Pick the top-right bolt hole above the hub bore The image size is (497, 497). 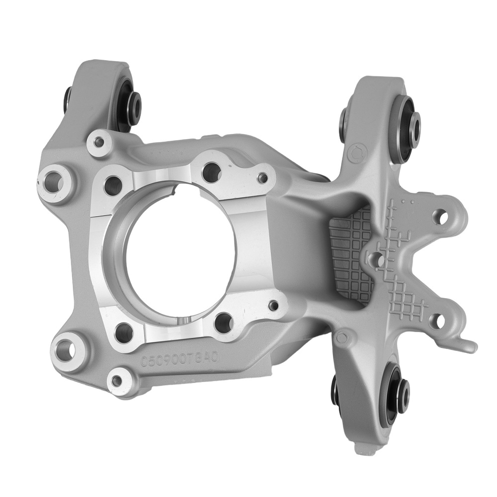click(212, 172)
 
